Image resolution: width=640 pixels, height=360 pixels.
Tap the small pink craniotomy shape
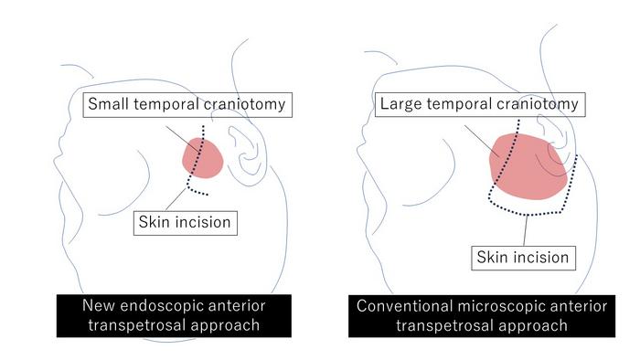coord(203,158)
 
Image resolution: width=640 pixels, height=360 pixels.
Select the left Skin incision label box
coord(184,220)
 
